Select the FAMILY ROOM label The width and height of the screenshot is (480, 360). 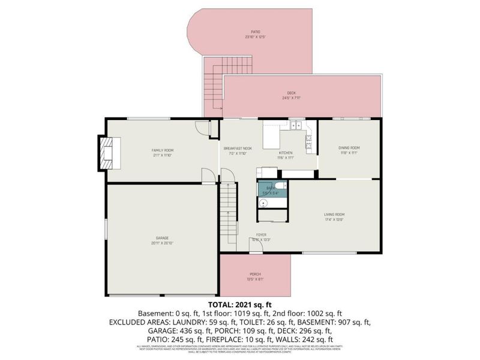click(162, 150)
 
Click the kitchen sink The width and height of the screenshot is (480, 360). click(296, 125)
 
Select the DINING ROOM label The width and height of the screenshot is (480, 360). click(349, 150)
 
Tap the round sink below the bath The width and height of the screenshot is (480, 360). click(262, 203)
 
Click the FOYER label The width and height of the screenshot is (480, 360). click(262, 236)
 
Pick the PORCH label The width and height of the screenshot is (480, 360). click(255, 276)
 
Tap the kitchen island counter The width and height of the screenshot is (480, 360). click(271, 135)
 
